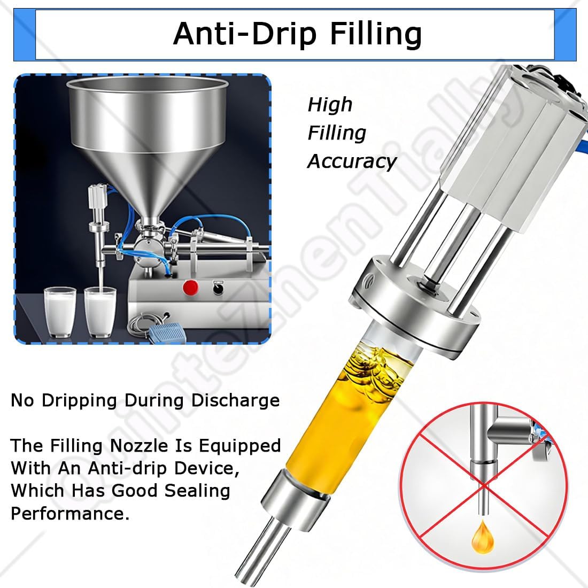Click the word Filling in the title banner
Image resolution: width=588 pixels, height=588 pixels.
pyautogui.click(x=375, y=33)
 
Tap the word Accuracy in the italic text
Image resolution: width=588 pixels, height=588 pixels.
pyautogui.click(x=352, y=161)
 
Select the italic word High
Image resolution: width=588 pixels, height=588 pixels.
pyautogui.click(x=330, y=104)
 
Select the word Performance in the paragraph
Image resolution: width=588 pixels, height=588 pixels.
pyautogui.click(x=70, y=514)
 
